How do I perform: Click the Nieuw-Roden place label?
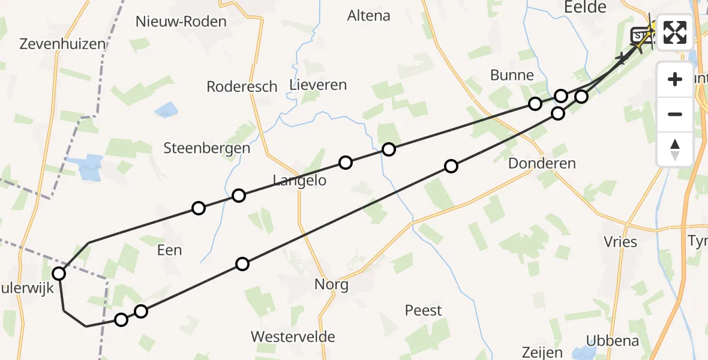[x=181, y=22]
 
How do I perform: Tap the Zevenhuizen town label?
[x=62, y=44]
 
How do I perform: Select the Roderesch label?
[x=242, y=86]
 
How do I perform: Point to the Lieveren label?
[x=318, y=85]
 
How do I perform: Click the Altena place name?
[x=368, y=16]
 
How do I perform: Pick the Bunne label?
[x=512, y=75]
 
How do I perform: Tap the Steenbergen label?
[x=207, y=148]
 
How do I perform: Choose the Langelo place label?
[x=299, y=180]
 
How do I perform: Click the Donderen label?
[x=542, y=163]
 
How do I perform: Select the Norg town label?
[x=331, y=284]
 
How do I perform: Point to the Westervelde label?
[x=293, y=336]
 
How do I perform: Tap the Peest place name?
[x=423, y=310]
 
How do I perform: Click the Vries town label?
[x=620, y=242]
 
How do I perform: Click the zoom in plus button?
[x=675, y=79]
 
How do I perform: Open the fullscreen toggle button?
[x=675, y=32]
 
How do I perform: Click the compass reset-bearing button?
[x=675, y=149]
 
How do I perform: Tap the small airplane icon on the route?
[x=622, y=58]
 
